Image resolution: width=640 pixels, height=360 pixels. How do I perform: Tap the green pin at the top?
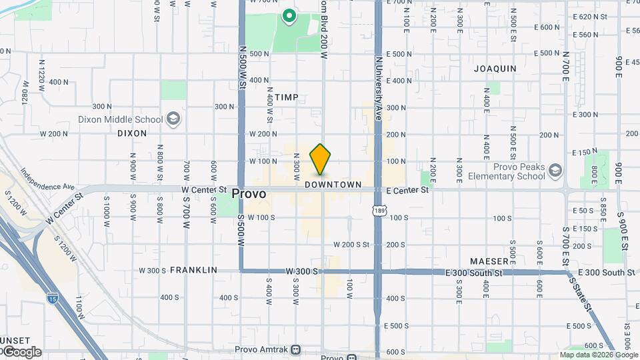coord(289,15)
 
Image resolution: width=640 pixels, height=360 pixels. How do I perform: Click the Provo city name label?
coord(249,194)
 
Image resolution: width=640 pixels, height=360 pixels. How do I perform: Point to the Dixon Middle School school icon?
coord(173,119)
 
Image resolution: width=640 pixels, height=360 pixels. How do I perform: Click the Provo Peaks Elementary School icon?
coord(555,172)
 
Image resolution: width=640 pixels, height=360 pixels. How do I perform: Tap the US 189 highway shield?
coord(379,211)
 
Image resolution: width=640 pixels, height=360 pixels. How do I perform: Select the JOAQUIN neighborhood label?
coord(495,68)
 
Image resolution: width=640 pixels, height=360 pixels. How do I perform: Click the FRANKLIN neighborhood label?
coord(193,270)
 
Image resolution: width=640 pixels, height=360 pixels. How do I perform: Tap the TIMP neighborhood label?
coord(287,97)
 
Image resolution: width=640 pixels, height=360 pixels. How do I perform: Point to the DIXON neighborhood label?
coord(131,133)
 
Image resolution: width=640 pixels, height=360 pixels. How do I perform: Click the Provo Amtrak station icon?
coord(297,349)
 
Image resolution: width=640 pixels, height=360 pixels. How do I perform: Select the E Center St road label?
coord(408,190)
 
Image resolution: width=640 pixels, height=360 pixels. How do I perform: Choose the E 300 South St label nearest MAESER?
coord(474,273)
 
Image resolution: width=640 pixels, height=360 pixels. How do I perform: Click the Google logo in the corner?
coord(22,352)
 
